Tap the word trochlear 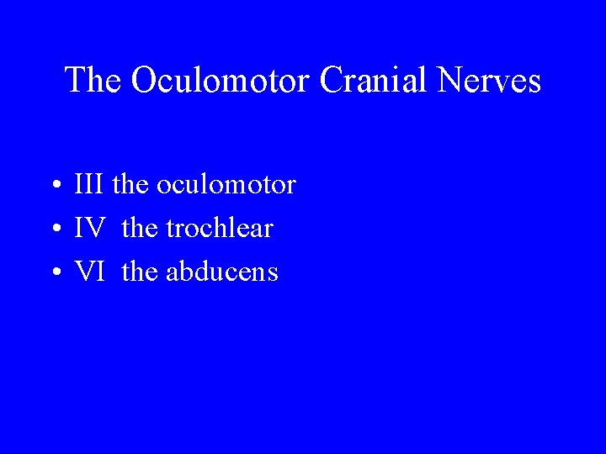(220, 228)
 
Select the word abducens (224, 272)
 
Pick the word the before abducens (139, 272)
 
